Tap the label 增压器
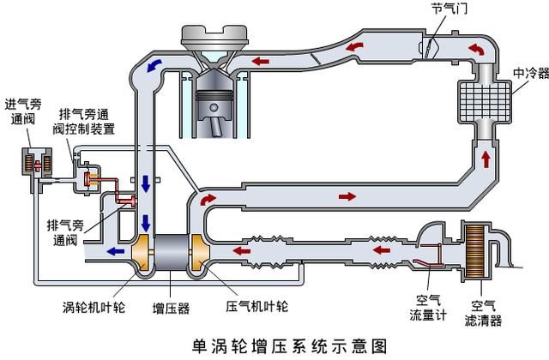coord(171,306)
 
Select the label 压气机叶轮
coord(257,306)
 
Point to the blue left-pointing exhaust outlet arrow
coord(111,252)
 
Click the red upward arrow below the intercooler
coord(486,159)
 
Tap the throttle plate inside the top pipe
coord(436,39)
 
